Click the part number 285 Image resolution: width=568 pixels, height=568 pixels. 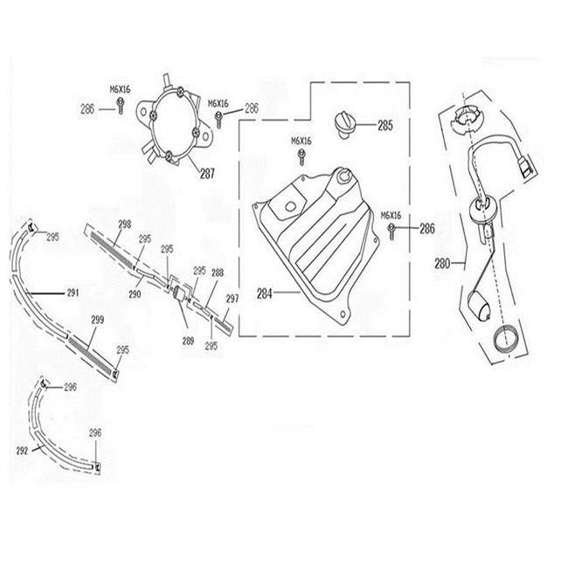click(385, 125)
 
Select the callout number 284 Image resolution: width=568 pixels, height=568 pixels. click(264, 293)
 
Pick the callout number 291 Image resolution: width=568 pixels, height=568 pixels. click(72, 290)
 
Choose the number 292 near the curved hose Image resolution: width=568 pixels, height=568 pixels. click(23, 451)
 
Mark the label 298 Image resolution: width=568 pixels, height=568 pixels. click(124, 225)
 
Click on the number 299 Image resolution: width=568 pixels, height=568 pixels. click(98, 320)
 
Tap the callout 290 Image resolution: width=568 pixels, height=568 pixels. click(135, 270)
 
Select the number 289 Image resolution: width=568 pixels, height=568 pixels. click(187, 315)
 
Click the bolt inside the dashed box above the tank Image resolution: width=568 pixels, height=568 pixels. click(301, 158)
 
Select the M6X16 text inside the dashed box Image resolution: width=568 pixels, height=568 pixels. click(301, 141)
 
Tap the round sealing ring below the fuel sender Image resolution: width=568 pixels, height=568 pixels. click(504, 337)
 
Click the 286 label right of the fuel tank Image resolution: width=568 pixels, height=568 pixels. click(427, 230)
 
